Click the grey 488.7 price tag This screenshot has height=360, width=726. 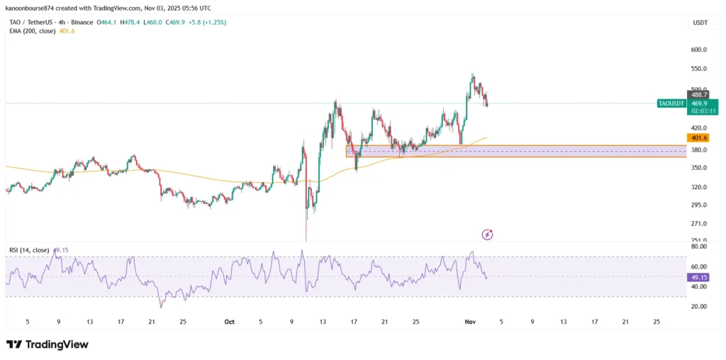point(699,94)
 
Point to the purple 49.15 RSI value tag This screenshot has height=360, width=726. point(698,277)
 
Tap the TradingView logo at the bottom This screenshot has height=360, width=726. point(48,344)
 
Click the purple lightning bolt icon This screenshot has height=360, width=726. point(487,234)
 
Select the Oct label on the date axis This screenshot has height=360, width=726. point(229,322)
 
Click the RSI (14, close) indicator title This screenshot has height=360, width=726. point(29,249)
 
